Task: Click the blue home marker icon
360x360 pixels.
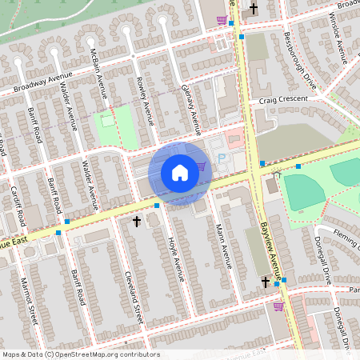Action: (x=180, y=172)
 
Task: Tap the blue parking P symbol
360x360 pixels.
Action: (x=222, y=160)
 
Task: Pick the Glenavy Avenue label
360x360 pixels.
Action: (x=190, y=108)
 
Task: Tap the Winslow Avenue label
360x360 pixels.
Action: (x=339, y=40)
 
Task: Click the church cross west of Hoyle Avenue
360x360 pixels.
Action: (x=136, y=220)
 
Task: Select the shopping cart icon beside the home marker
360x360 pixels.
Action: (x=200, y=166)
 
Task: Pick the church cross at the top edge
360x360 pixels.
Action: (x=254, y=10)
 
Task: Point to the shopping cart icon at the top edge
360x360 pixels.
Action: (x=222, y=20)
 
